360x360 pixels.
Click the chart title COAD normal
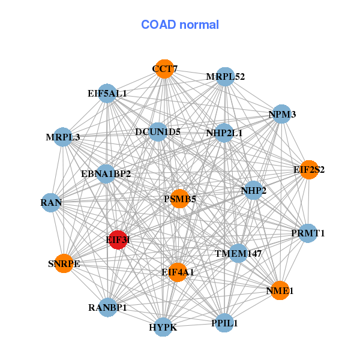[179, 25]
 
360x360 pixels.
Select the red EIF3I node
[118, 239]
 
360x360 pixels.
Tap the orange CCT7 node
[164, 69]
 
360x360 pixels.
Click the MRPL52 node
[225, 77]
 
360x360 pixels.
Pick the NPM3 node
[282, 114]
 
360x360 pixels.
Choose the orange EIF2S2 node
[309, 170]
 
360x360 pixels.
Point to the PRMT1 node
[307, 233]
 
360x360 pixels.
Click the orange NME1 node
[280, 291]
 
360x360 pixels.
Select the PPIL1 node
[225, 323]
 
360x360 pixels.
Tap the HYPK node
[163, 327]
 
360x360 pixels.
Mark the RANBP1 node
[107, 308]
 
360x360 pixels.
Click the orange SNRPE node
[64, 263]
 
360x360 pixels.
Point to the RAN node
[52, 202]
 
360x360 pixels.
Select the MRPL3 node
[63, 137]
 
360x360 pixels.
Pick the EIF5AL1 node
[107, 93]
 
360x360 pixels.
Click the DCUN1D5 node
[158, 132]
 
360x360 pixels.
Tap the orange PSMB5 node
[180, 198]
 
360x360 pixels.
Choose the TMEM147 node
[238, 253]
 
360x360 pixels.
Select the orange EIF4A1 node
[178, 272]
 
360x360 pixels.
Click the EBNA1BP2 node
[106, 174]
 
